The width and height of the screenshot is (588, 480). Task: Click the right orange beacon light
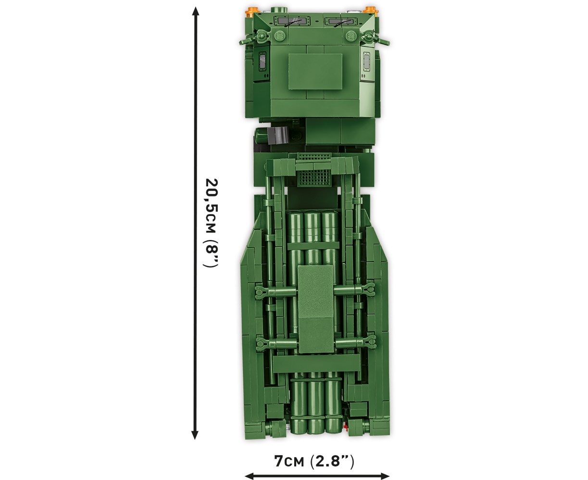pyautogui.click(x=371, y=12)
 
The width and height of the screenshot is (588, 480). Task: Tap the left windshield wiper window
pyautogui.click(x=292, y=21)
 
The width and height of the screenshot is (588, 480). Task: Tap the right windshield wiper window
pyautogui.click(x=341, y=22)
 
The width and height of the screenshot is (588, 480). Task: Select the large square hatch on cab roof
pyautogui.click(x=315, y=72)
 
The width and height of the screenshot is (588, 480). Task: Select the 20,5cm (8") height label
pyautogui.click(x=212, y=223)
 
